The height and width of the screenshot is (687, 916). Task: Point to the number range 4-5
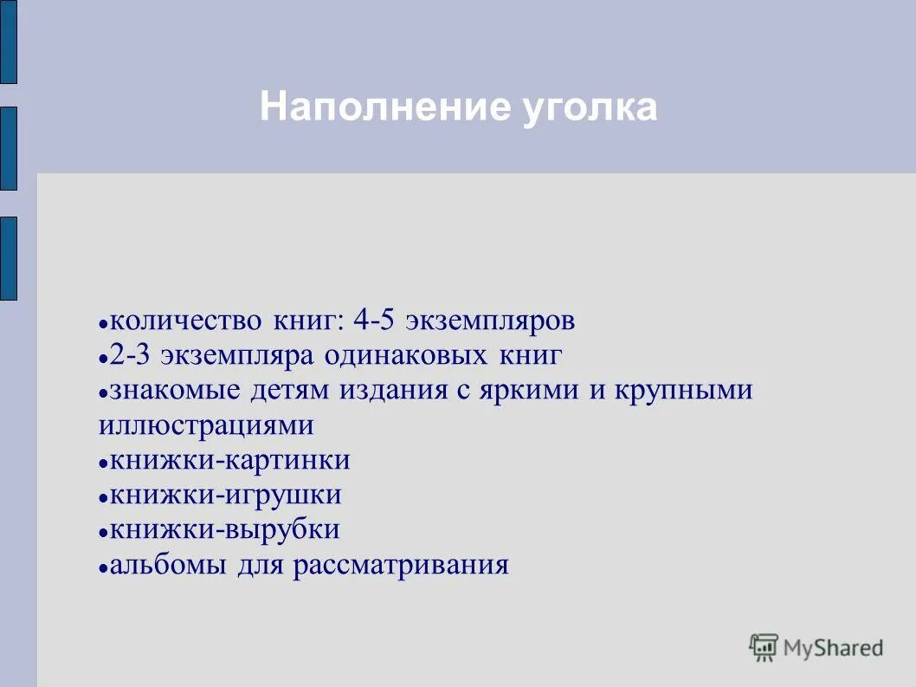coord(375,321)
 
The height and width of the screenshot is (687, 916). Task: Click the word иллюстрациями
coord(206,426)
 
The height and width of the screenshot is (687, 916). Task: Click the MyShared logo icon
coord(764,647)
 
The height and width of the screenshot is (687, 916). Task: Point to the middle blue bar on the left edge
coord(8,148)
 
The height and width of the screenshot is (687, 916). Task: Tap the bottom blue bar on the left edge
coord(8,258)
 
